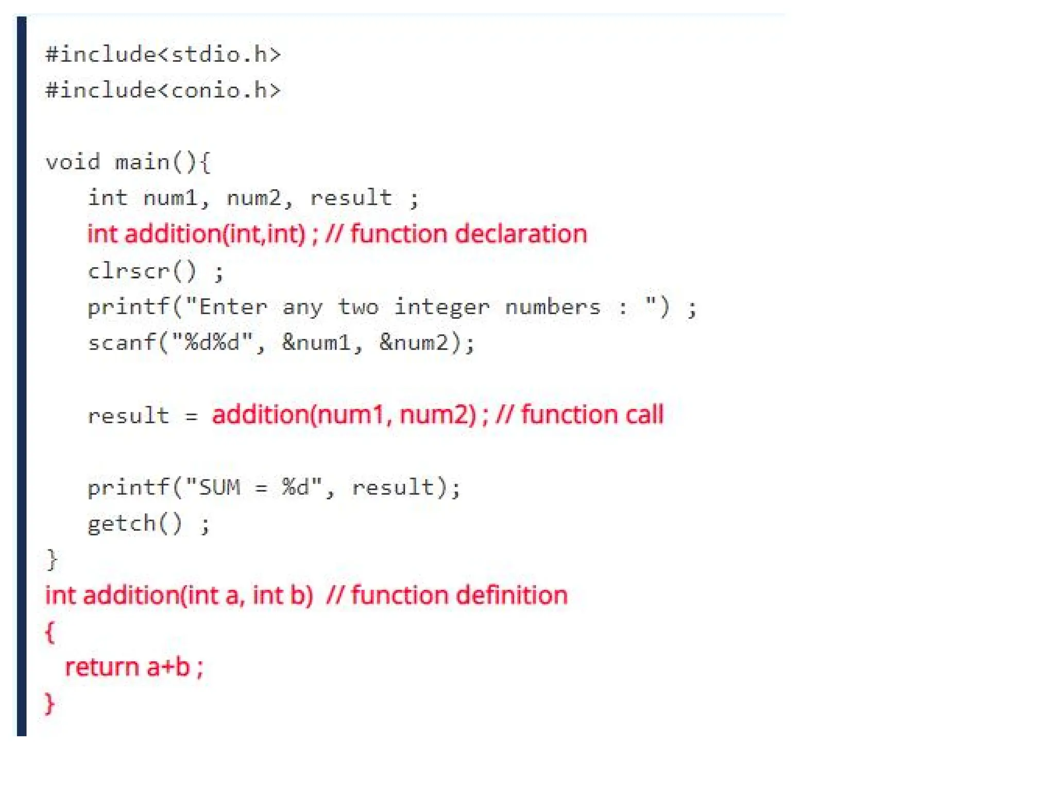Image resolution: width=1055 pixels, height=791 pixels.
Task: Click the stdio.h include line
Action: (x=163, y=55)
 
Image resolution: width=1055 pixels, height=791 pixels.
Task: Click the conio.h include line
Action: (x=163, y=91)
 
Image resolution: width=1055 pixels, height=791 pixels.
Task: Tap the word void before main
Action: (x=73, y=163)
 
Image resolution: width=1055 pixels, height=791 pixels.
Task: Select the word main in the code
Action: (x=142, y=163)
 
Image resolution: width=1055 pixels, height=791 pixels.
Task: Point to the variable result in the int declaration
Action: (x=351, y=198)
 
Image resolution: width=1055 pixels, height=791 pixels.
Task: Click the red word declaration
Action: (x=521, y=234)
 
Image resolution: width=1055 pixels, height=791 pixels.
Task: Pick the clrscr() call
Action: (x=142, y=271)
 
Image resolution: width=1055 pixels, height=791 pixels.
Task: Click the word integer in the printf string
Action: (x=441, y=307)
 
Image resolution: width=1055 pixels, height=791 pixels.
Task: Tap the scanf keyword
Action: (x=122, y=343)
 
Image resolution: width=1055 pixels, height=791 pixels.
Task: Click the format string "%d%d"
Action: (x=212, y=343)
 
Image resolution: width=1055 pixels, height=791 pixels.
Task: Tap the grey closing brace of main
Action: (x=52, y=560)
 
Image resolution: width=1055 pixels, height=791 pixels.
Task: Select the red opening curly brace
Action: (x=50, y=632)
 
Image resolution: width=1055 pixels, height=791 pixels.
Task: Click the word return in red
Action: (x=102, y=668)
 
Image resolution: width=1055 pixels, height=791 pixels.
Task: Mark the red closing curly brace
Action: (x=50, y=703)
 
